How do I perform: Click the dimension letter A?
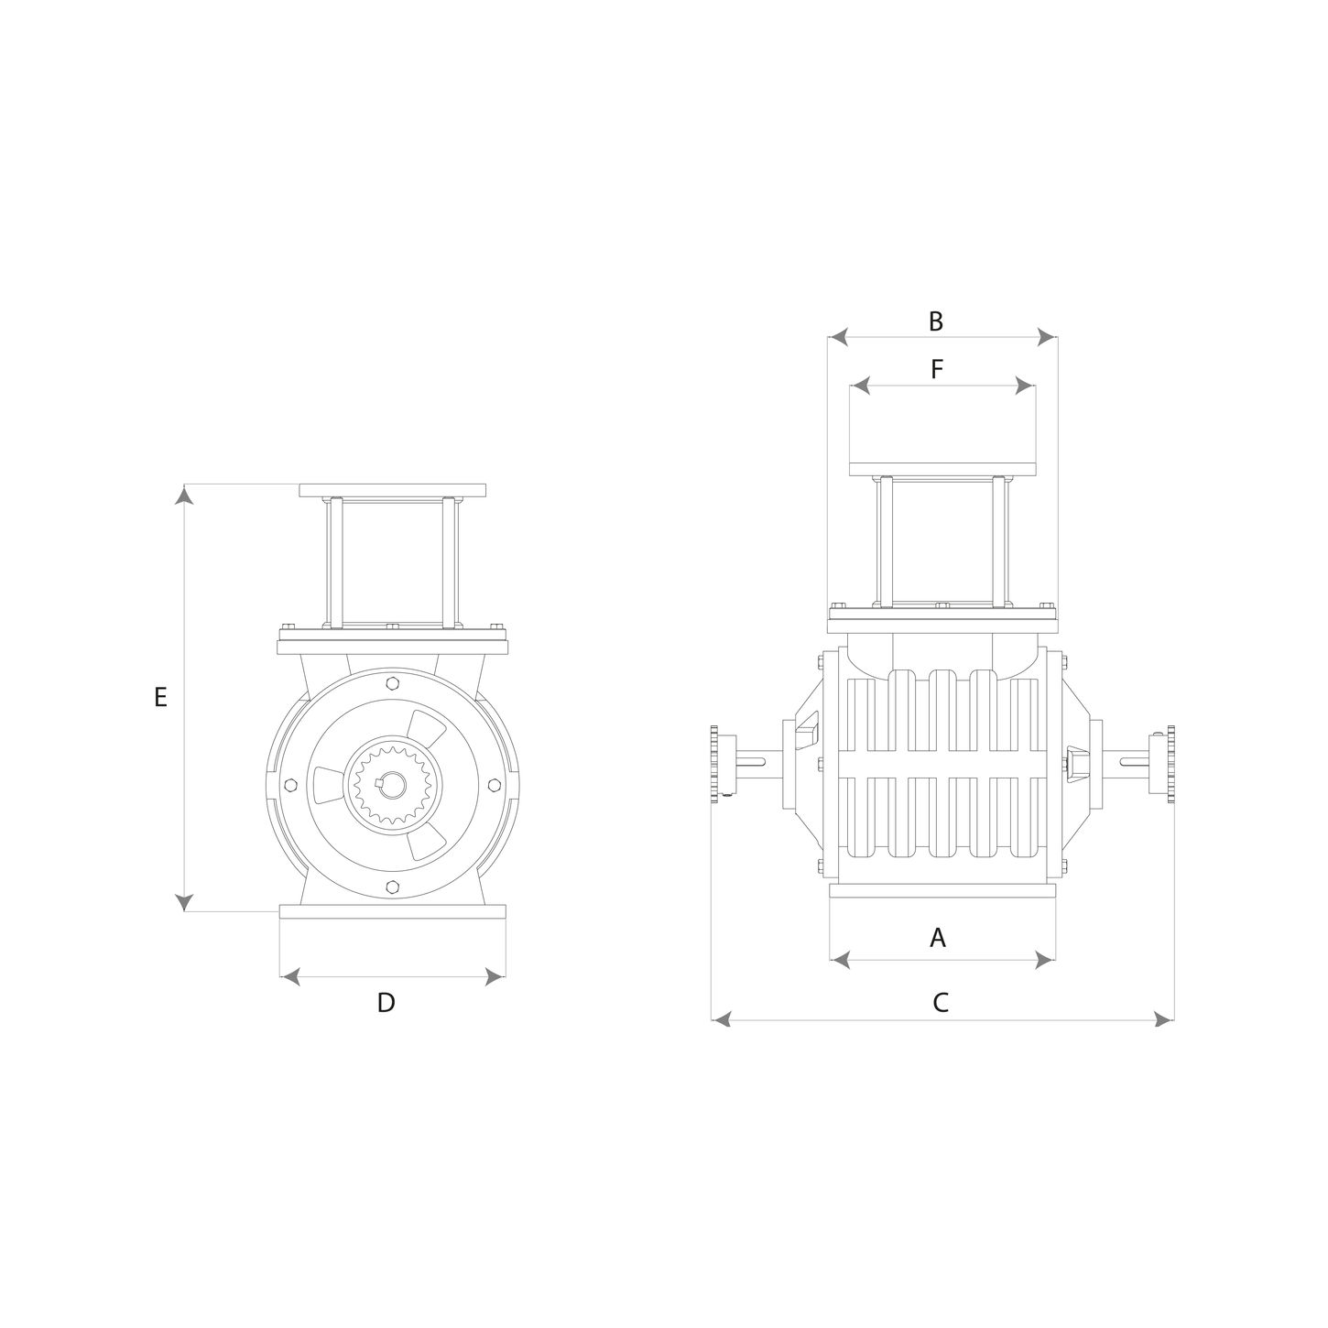[x=937, y=937]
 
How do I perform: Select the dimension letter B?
[x=935, y=321]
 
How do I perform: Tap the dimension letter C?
[x=941, y=1003]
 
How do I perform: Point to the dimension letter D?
[x=386, y=1003]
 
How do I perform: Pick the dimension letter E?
[x=160, y=697]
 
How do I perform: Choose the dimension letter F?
[x=937, y=369]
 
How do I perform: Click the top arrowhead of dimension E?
[x=183, y=495]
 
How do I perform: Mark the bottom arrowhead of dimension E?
[x=183, y=902]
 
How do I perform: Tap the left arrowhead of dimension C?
[x=721, y=1019]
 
